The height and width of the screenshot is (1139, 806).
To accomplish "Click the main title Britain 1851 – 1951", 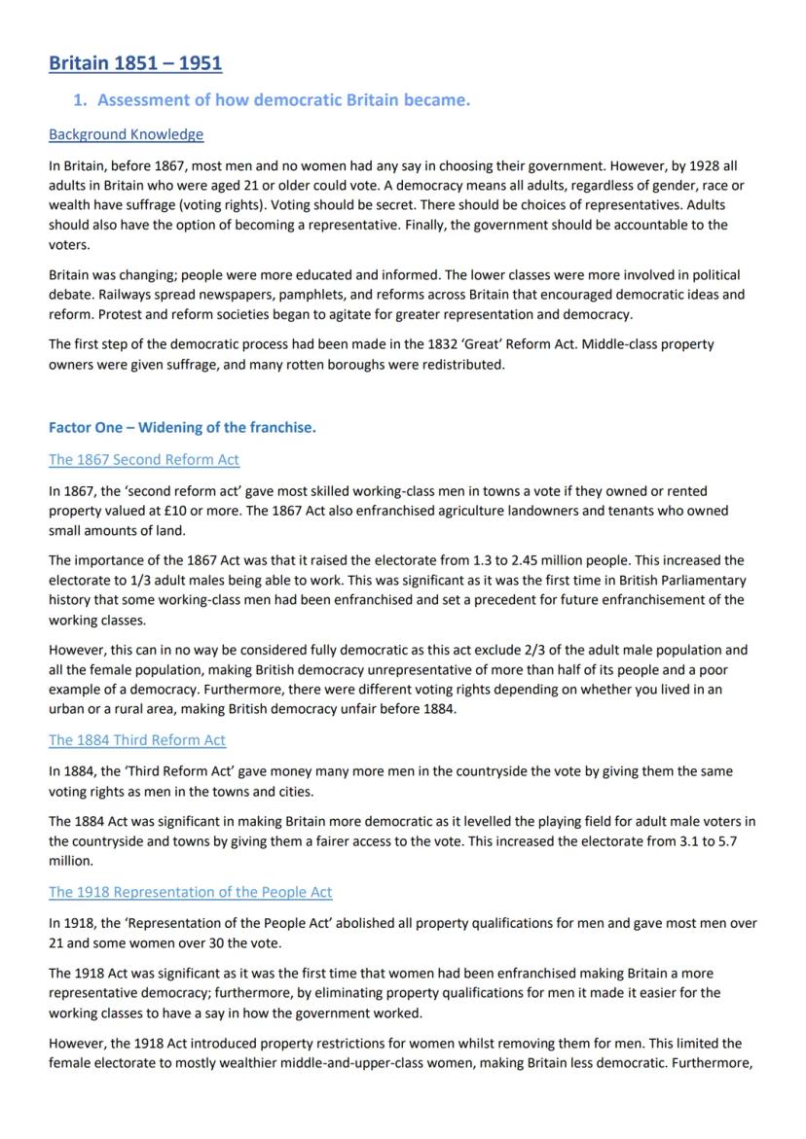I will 135,63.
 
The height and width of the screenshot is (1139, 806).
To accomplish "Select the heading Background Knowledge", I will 126,134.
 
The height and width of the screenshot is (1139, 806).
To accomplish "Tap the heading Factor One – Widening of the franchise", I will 182,427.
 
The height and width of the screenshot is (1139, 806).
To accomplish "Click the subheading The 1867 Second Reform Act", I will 144,459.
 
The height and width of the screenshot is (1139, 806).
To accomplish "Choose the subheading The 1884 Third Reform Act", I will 137,740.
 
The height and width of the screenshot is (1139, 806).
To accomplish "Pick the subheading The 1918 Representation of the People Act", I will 191,892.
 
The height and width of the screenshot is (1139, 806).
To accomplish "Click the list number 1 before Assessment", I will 82,99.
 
